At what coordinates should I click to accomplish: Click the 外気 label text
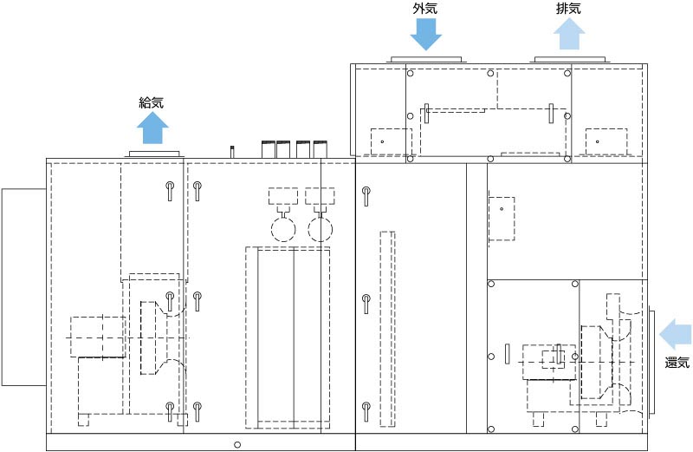click(425, 9)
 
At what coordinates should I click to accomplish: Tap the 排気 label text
click(568, 9)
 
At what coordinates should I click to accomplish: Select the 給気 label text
click(152, 102)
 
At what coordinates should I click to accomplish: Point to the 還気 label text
click(677, 363)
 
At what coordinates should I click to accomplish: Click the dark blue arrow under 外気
click(425, 35)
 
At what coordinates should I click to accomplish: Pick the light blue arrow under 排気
click(569, 34)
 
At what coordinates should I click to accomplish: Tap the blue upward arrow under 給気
click(152, 128)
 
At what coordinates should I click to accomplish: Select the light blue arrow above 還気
click(676, 334)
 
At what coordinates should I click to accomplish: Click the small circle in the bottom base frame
click(237, 444)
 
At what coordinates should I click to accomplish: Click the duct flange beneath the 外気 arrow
click(426, 60)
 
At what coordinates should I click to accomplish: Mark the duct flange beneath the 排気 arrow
click(570, 60)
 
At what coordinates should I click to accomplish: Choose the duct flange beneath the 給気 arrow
click(155, 154)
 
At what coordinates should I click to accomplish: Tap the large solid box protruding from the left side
click(24, 287)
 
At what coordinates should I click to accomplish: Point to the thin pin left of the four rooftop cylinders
click(231, 152)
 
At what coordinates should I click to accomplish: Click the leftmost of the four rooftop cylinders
click(269, 149)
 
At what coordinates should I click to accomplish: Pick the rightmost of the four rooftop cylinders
click(321, 149)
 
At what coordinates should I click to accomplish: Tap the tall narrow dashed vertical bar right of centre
click(387, 329)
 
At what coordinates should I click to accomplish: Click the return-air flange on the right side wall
click(651, 362)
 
